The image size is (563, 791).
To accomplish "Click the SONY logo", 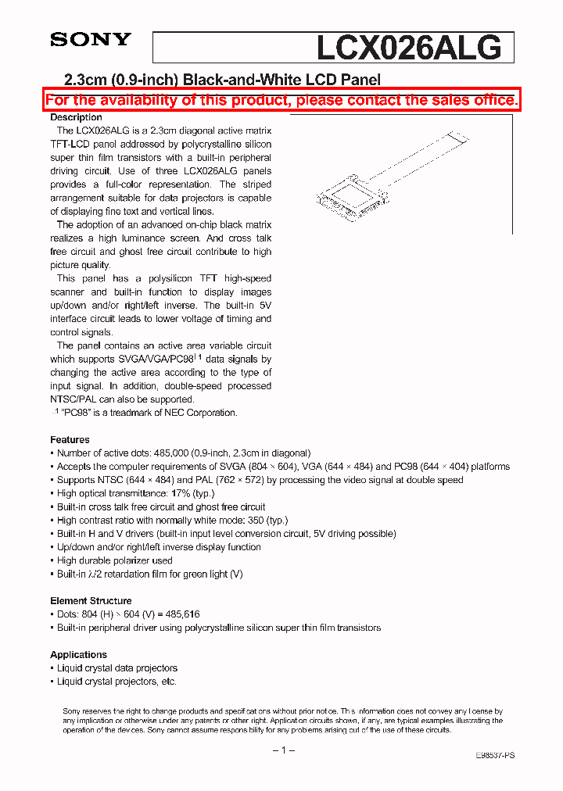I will coord(91,40).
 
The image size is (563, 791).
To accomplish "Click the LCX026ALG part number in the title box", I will coord(408,48).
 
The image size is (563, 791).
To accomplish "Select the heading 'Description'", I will coord(76,117).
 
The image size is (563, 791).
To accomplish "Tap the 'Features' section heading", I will coord(70,439).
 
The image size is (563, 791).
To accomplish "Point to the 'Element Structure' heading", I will coord(91,600).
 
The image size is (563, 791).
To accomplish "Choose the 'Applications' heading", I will coord(78,654).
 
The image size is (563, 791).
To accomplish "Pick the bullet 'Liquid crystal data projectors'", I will coord(117,668).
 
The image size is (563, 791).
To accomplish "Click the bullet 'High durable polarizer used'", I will coord(114,560).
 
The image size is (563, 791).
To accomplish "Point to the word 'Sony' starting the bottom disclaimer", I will coord(71,710).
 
